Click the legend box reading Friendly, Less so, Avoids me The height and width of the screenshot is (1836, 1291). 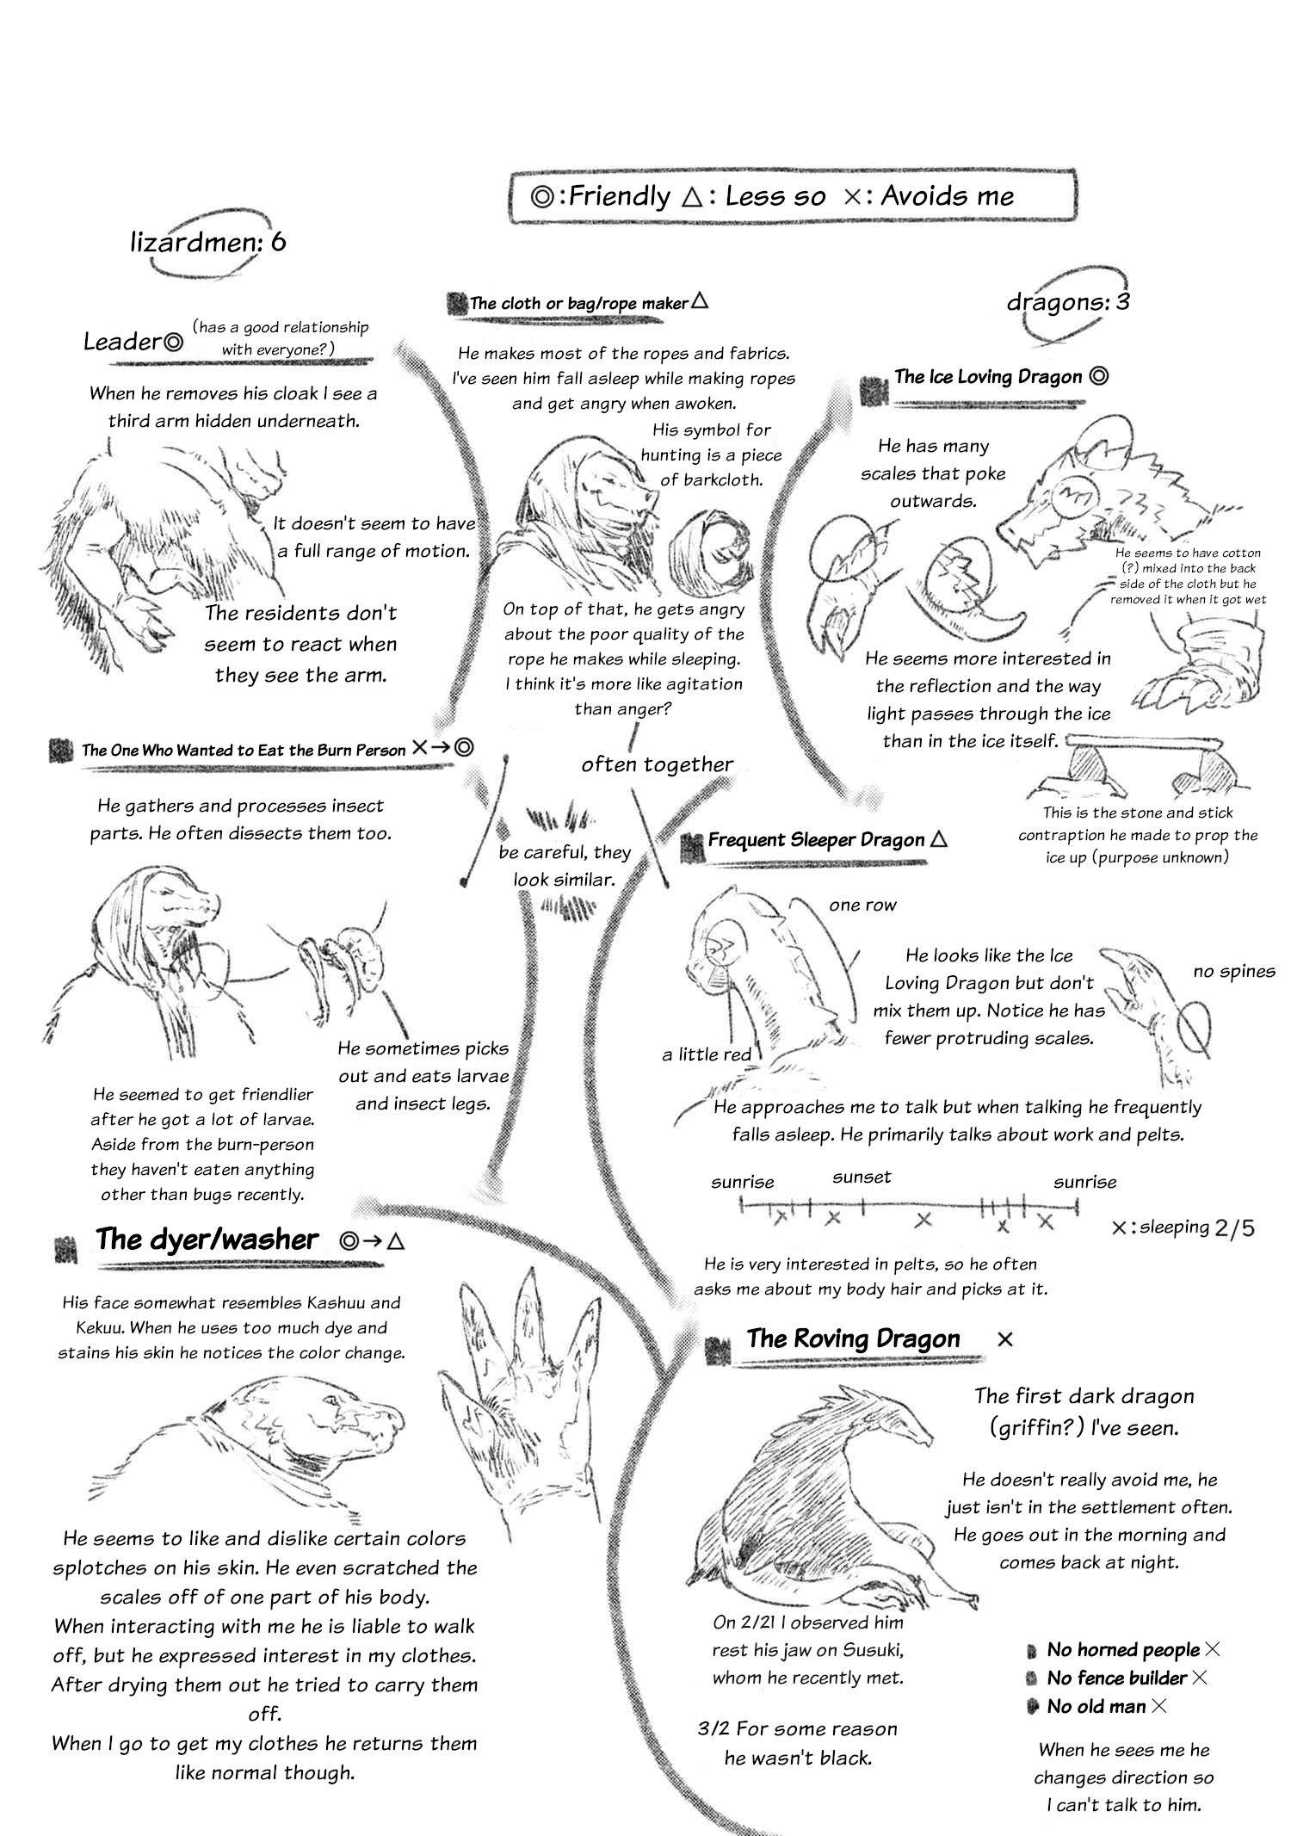point(792,196)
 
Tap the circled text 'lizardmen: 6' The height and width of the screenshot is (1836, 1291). point(208,242)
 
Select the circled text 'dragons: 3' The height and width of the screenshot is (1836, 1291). point(1068,302)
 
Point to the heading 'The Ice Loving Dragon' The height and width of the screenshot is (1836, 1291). point(987,376)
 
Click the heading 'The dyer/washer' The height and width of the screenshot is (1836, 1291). point(207,1239)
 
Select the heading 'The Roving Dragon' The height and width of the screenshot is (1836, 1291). point(853,1338)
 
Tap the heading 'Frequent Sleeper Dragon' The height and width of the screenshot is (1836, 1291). point(816,840)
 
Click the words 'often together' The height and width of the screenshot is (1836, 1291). point(657,764)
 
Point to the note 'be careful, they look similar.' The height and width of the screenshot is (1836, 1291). point(564,865)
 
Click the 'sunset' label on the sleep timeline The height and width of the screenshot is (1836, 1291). point(862,1177)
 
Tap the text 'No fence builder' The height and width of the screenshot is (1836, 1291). point(1116,1678)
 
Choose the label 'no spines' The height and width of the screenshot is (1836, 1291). point(1233,971)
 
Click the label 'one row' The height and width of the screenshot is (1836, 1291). point(862,905)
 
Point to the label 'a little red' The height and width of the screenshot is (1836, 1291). point(707,1054)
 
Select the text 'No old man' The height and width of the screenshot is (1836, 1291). point(1096,1706)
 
